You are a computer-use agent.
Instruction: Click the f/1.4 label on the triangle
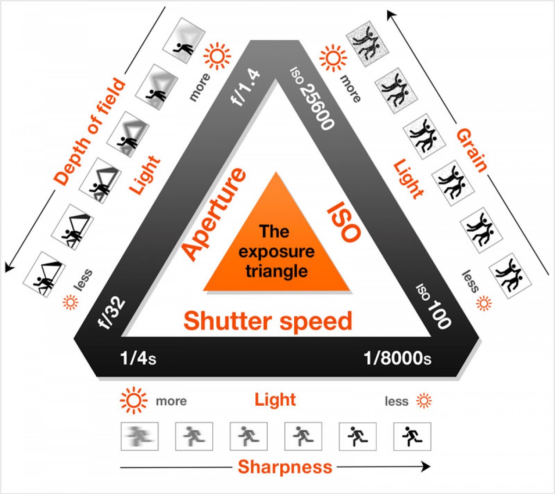pos(246,88)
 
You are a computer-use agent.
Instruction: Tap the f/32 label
pos(112,314)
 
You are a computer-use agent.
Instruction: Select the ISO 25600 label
pos(312,98)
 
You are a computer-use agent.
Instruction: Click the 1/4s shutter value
pos(138,358)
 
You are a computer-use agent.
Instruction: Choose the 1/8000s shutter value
pos(397,358)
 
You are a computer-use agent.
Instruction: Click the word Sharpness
pos(285,467)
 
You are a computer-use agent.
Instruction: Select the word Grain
pos(472,150)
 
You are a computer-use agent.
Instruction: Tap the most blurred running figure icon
pos(140,436)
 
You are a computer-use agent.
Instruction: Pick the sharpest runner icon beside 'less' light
pos(412,436)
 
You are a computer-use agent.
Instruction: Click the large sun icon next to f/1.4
pos(217,56)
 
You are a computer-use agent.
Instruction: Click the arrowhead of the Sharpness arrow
pos(426,467)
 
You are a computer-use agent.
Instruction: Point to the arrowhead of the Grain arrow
pos(391,15)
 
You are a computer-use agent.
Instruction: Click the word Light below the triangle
pos(275,400)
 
